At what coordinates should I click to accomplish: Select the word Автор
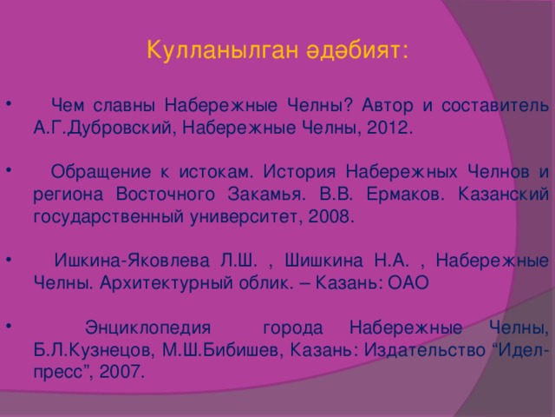tap(388, 105)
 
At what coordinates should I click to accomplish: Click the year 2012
tap(389, 128)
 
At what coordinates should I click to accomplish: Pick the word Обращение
tap(101, 172)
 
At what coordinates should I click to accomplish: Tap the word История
tap(299, 172)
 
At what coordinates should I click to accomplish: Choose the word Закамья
tap(266, 194)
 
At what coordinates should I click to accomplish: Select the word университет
tap(246, 216)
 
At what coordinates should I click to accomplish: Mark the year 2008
tap(331, 216)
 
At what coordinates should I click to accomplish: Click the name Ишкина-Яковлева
tap(132, 261)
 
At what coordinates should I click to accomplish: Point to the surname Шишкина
tap(323, 261)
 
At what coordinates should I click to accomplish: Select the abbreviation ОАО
tap(408, 282)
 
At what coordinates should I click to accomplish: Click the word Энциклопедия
tap(148, 328)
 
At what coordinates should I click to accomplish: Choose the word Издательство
tap(425, 350)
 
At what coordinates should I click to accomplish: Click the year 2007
tap(121, 372)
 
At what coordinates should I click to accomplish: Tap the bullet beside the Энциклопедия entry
tap(9, 325)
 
